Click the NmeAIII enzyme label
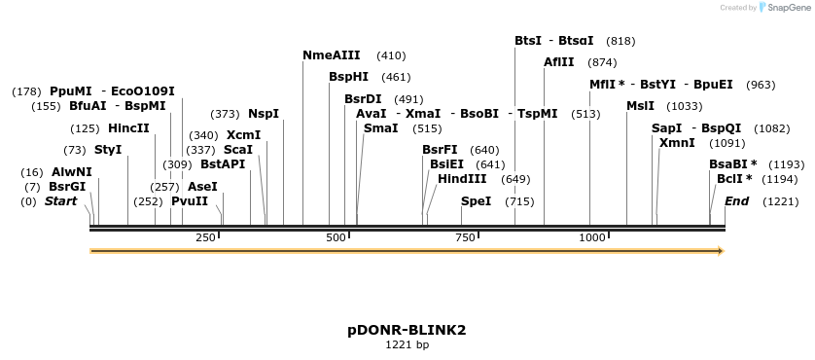tap(332, 56)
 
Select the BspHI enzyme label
tap(348, 77)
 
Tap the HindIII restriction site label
tap(462, 179)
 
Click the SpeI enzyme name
tap(476, 201)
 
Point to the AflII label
tap(558, 62)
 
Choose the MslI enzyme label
tap(640, 106)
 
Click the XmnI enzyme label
tap(677, 143)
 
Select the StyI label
tap(108, 150)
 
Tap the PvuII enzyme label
tap(190, 201)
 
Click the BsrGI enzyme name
tap(67, 187)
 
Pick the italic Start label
tap(60, 201)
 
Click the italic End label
tap(736, 201)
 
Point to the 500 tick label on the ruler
tap(337, 237)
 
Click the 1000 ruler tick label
tap(592, 237)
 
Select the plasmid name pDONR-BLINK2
tap(407, 330)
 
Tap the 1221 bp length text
tap(407, 344)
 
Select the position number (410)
tap(391, 56)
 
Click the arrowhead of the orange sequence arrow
tap(721, 251)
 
